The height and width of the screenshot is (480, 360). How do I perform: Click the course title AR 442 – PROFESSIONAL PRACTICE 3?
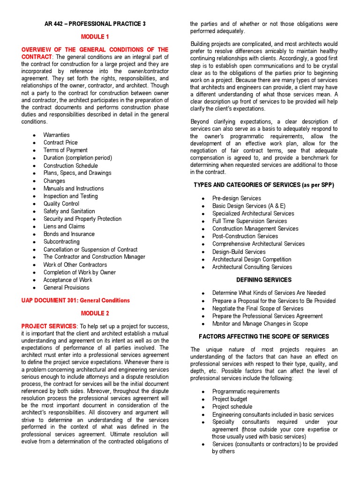94,24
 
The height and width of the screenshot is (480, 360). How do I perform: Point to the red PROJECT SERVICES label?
49,326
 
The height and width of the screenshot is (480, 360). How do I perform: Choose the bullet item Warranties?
56,135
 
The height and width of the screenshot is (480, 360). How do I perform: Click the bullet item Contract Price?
60,142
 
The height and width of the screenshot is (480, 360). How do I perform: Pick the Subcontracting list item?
61,242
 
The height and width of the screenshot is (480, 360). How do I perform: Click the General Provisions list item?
66,287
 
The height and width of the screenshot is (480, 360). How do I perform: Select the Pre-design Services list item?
236,198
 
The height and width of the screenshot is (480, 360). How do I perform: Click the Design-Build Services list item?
239,252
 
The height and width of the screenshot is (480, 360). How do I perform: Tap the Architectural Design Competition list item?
251,259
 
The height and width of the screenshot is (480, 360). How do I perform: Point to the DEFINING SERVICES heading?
264,280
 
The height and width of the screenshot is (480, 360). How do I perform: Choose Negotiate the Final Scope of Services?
258,308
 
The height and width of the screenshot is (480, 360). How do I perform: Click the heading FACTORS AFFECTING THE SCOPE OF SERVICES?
264,337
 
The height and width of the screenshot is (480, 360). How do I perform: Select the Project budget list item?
230,399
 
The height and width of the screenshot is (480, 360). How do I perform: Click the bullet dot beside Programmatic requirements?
203,392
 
